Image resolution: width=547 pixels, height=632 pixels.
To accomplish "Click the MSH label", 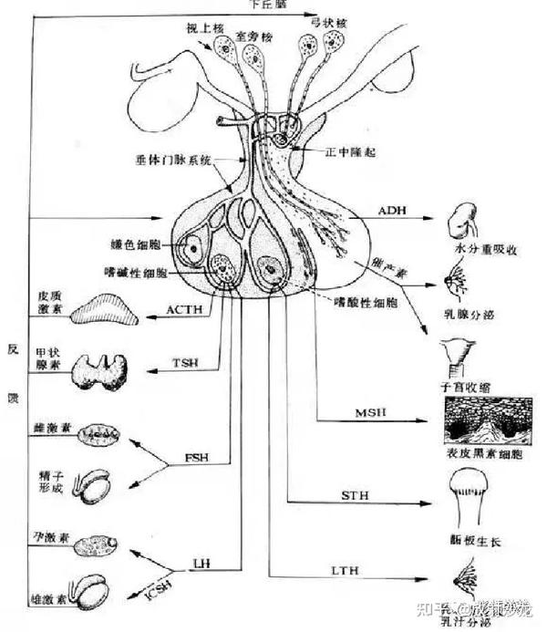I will [x=373, y=415].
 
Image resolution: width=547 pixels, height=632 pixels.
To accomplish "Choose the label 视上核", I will [x=203, y=27].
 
